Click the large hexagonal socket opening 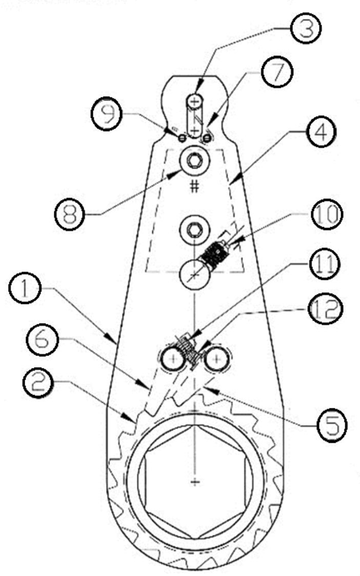pos(194,482)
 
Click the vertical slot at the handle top pos(194,116)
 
